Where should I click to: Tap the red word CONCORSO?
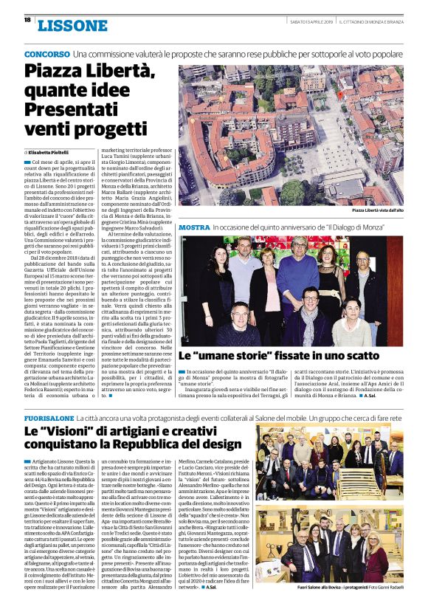46,55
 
